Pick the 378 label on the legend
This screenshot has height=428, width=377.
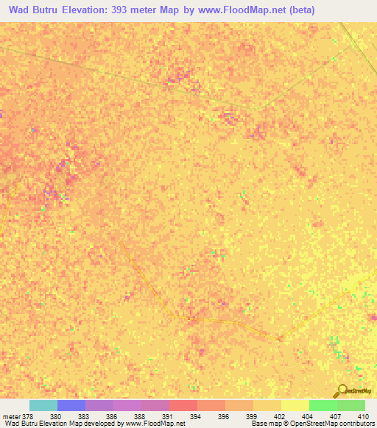click(28, 415)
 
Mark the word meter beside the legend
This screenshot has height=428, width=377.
click(11, 415)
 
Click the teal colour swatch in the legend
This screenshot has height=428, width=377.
click(43, 405)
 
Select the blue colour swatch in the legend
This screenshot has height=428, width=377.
click(71, 405)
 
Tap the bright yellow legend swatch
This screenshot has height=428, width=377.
click(295, 405)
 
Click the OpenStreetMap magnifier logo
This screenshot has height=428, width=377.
click(341, 390)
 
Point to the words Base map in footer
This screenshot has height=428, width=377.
click(264, 424)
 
